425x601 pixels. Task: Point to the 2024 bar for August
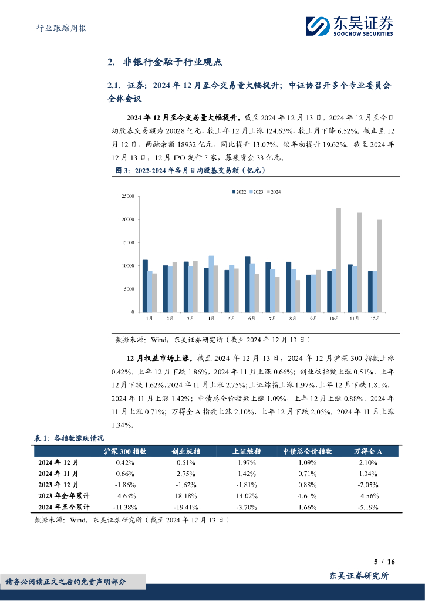pos(298,296)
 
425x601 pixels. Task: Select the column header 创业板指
pos(185,451)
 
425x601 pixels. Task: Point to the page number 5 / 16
pos(384,562)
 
